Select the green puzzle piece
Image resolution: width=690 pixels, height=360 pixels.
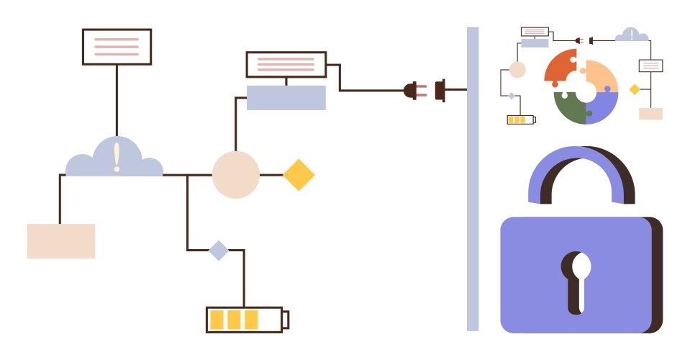tap(567, 107)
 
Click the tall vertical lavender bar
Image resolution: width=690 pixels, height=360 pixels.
tap(473, 180)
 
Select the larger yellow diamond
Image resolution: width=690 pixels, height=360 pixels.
tap(299, 175)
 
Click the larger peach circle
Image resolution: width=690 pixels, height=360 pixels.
tap(235, 175)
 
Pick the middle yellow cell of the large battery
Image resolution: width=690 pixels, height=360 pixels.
tap(233, 319)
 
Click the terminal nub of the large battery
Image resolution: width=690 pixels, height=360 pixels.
tap(286, 319)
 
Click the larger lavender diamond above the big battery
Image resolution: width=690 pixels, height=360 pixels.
tap(219, 251)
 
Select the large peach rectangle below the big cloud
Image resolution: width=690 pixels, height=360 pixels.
tap(61, 241)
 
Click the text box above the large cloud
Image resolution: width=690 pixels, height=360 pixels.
tap(117, 47)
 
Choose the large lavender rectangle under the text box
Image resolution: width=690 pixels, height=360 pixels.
tap(286, 98)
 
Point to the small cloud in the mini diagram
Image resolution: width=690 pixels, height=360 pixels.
tap(631, 35)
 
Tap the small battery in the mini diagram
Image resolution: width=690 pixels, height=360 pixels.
tap(521, 120)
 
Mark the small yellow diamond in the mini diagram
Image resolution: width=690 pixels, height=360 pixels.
tap(635, 89)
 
